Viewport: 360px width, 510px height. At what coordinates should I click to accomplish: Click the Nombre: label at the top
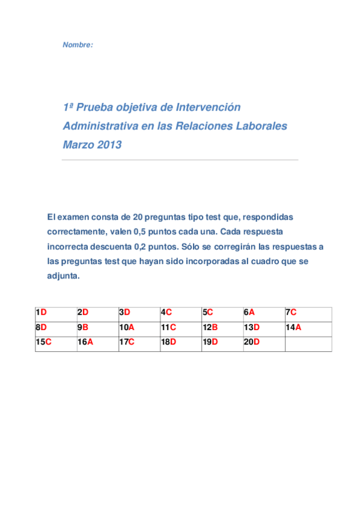(x=78, y=45)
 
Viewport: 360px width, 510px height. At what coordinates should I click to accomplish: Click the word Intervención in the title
(x=208, y=107)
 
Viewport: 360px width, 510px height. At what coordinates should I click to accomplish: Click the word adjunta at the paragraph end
(x=63, y=277)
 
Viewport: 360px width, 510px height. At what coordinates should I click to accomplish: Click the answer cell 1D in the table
(x=56, y=313)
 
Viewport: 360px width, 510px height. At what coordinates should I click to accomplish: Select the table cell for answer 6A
(x=263, y=313)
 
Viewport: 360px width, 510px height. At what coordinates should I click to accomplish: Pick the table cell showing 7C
(x=308, y=313)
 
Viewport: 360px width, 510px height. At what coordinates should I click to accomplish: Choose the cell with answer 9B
(x=97, y=328)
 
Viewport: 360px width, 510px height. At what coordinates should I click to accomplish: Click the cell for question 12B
(x=222, y=328)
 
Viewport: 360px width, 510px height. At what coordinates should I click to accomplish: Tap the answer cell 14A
(x=308, y=328)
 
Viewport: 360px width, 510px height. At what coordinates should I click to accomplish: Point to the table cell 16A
(x=97, y=343)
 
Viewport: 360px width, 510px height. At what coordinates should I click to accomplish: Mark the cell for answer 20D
(x=263, y=343)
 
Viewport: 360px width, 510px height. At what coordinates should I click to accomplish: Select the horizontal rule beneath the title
(x=180, y=160)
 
